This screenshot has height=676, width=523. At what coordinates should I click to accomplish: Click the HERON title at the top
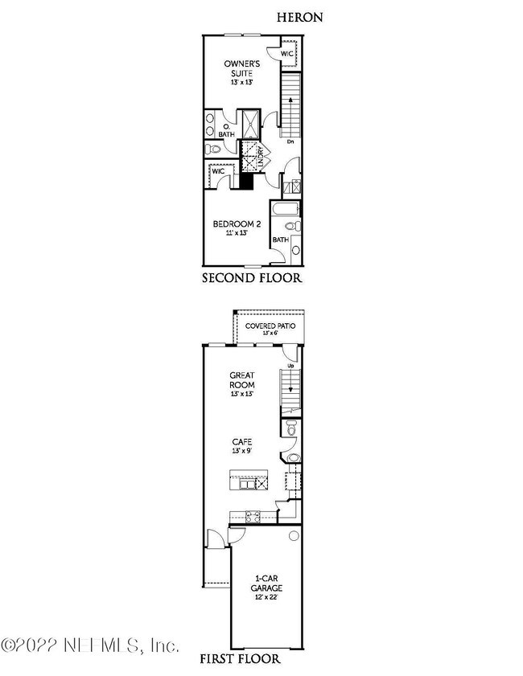click(x=300, y=17)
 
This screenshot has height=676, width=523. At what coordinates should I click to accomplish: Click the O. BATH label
click(x=226, y=130)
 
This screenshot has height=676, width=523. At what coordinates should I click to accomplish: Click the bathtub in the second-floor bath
click(x=286, y=211)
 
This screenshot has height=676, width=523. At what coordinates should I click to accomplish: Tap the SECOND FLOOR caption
click(x=251, y=279)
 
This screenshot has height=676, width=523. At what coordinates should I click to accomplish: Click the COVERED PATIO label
click(x=270, y=326)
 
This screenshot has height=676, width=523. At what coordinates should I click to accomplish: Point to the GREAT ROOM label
click(x=242, y=379)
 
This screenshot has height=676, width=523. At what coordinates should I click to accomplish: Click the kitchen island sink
click(x=244, y=484)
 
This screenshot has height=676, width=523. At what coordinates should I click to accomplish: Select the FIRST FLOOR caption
click(x=240, y=660)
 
